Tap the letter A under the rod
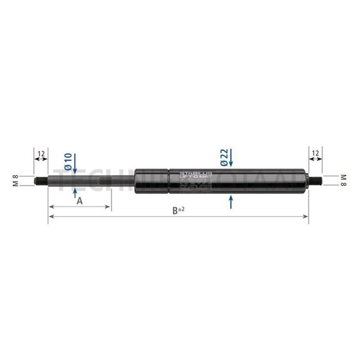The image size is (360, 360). click(x=79, y=200)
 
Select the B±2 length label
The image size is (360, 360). click(x=178, y=210)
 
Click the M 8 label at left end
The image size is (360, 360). click(x=16, y=180)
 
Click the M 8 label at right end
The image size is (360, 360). click(x=343, y=180)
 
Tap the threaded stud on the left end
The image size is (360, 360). click(x=42, y=180)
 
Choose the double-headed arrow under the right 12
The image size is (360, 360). click(x=315, y=159)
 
